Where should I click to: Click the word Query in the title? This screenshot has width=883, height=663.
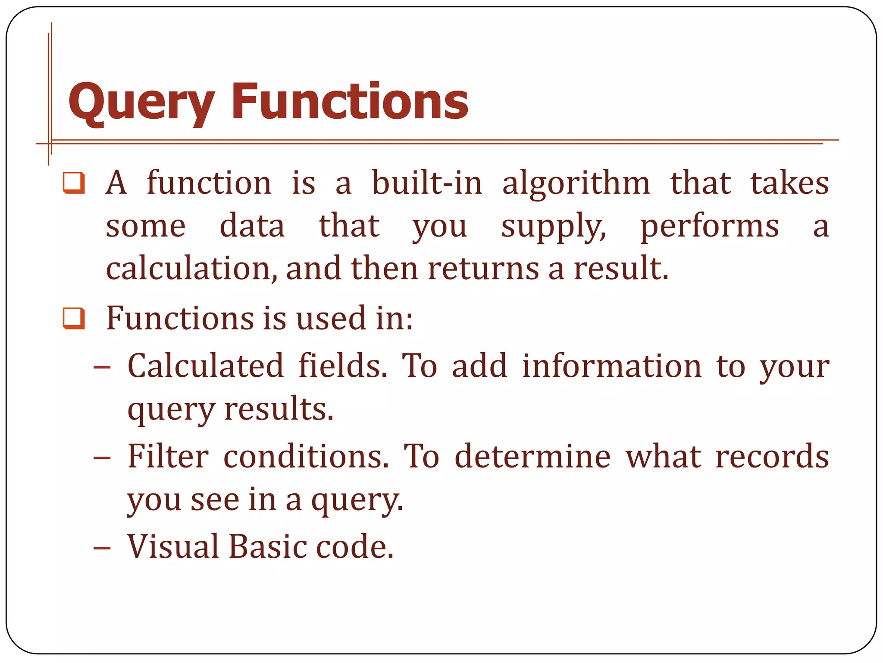pyautogui.click(x=141, y=103)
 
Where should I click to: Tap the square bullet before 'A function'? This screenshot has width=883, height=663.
pyautogui.click(x=74, y=183)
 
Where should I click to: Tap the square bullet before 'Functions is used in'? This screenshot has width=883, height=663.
pyautogui.click(x=74, y=319)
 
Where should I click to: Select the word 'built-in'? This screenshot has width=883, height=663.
pyautogui.click(x=427, y=183)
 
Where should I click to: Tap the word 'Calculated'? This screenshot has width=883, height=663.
pyautogui.click(x=205, y=366)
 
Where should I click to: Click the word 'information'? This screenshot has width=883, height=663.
pyautogui.click(x=612, y=366)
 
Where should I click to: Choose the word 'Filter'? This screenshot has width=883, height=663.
pyautogui.click(x=168, y=457)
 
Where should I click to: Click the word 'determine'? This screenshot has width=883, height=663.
pyautogui.click(x=533, y=457)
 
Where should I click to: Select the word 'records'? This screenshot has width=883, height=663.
pyautogui.click(x=772, y=457)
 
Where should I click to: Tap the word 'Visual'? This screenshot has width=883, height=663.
pyautogui.click(x=173, y=547)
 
